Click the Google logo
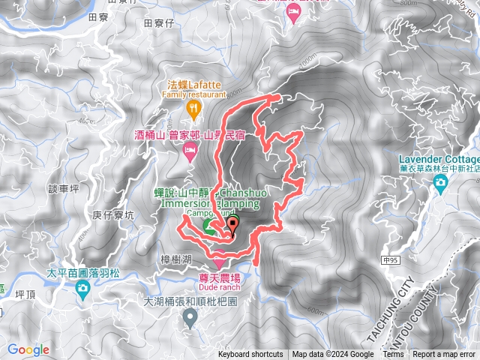(28, 349)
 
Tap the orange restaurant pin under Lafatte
(193, 109)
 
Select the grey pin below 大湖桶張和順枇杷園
(190, 319)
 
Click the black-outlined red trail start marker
(232, 223)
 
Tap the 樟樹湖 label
(177, 258)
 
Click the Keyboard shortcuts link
(250, 355)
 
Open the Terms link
(393, 355)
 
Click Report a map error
(445, 355)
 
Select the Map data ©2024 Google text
(333, 355)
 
